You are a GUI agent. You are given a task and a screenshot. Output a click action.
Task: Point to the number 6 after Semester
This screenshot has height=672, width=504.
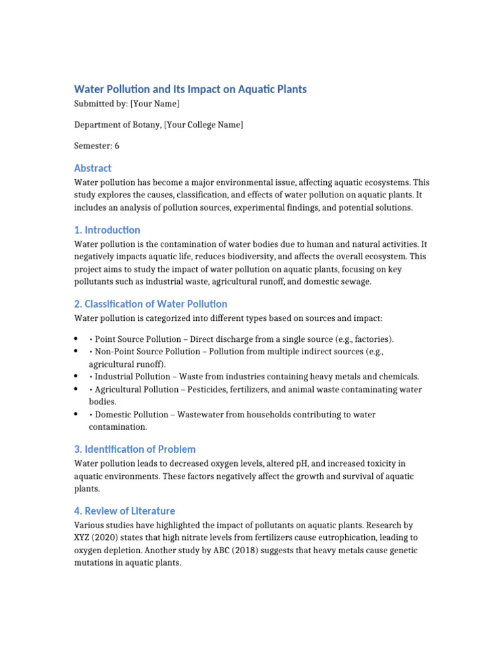click(x=117, y=146)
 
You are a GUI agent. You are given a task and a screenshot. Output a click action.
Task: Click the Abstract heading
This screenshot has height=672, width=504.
click(x=93, y=168)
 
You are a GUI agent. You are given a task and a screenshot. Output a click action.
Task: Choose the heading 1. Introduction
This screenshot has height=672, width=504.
click(x=107, y=230)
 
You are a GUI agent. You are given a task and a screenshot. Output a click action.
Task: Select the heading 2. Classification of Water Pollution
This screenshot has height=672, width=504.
click(x=150, y=304)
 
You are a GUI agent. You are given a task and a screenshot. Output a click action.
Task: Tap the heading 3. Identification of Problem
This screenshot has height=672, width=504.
click(x=135, y=449)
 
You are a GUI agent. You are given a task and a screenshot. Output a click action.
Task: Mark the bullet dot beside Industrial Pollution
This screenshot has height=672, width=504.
click(x=76, y=377)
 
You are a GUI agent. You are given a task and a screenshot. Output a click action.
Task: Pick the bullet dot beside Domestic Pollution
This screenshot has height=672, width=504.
click(x=76, y=415)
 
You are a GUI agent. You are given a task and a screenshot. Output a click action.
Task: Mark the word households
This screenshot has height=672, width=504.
click(x=265, y=415)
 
